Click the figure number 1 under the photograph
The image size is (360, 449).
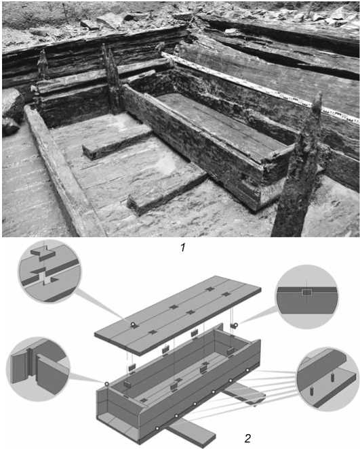(x=183, y=248)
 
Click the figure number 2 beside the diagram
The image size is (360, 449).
(x=247, y=438)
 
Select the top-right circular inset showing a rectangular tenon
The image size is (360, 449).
(x=306, y=297)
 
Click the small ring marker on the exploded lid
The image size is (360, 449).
(x=133, y=324)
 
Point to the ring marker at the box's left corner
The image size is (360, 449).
(x=106, y=384)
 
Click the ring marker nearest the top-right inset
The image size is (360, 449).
(x=236, y=325)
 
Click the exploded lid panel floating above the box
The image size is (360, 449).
(x=178, y=316)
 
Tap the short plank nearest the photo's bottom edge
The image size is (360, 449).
(x=167, y=189)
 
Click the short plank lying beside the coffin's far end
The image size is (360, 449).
(x=117, y=143)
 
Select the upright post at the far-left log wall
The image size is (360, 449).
(x=43, y=65)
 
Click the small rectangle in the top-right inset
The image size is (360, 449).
(x=306, y=293)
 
